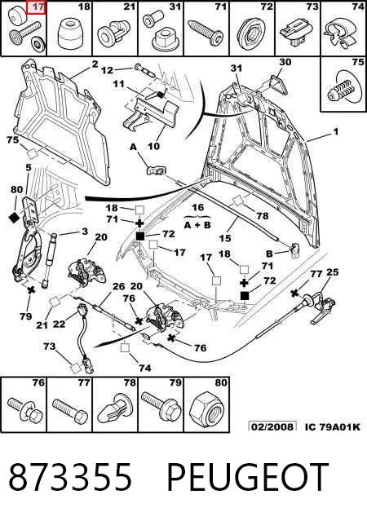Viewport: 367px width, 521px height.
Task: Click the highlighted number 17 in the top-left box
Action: coord(38,7)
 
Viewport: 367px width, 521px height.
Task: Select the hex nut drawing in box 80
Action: coord(206,409)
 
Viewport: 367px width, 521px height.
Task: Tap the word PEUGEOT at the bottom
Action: coord(248,476)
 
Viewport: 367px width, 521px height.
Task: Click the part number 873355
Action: coord(70,476)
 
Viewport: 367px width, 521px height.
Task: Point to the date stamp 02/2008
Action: coord(272,426)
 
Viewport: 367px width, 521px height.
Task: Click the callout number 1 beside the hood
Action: coord(336,131)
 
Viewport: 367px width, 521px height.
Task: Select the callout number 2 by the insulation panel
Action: coord(95,64)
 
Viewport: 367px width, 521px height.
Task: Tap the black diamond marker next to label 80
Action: coord(15,218)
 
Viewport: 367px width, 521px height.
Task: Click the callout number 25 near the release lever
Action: coord(333,272)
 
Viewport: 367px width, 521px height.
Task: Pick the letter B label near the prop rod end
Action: coord(269,254)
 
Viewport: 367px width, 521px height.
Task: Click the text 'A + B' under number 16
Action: coord(197,225)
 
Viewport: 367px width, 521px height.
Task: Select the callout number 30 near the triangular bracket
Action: coord(285,62)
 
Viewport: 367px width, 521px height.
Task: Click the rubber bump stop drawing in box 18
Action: coord(70,34)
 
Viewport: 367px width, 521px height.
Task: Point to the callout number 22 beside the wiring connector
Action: coord(60,324)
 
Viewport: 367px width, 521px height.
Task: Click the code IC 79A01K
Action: coord(333,426)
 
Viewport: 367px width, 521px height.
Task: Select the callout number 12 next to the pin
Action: coord(107,70)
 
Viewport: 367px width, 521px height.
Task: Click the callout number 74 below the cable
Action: coord(145,368)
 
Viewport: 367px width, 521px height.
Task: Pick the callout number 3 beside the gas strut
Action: coord(85,231)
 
